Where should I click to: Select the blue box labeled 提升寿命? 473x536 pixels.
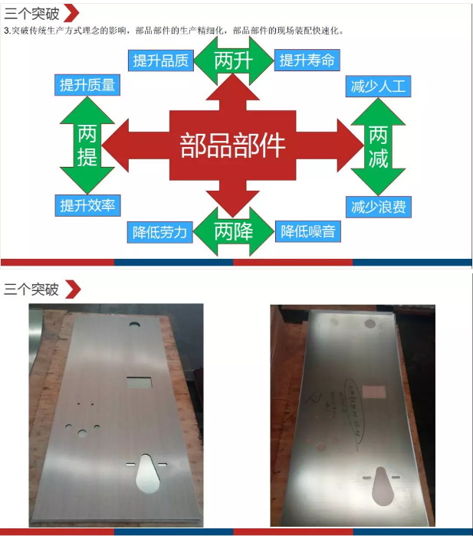click(x=307, y=60)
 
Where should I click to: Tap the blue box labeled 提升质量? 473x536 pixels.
click(x=87, y=85)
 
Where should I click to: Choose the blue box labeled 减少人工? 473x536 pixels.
click(x=378, y=86)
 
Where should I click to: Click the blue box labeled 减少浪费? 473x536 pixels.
click(x=378, y=206)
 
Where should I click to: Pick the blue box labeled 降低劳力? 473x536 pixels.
click(x=159, y=232)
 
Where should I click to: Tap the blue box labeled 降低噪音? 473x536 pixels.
click(x=307, y=231)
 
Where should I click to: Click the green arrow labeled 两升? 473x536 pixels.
click(x=233, y=60)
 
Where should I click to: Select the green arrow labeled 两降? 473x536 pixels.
click(x=233, y=230)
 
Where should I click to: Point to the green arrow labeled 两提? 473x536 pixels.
click(x=87, y=145)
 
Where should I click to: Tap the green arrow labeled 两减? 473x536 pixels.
click(x=378, y=146)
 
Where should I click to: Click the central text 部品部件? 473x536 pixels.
click(x=232, y=144)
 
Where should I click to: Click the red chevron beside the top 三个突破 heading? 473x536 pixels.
click(x=71, y=13)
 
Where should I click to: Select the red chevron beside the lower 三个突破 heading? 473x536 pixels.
click(x=72, y=289)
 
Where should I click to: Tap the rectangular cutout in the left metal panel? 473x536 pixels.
click(x=139, y=382)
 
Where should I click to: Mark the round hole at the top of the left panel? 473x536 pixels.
click(x=134, y=325)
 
